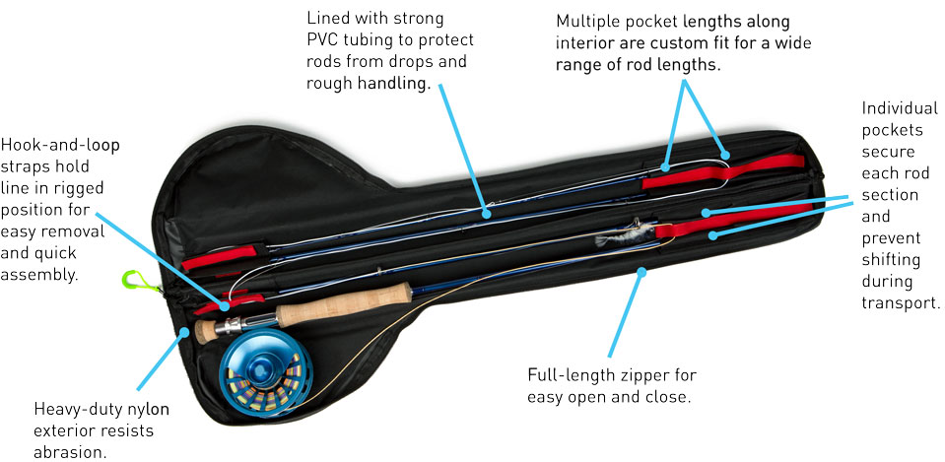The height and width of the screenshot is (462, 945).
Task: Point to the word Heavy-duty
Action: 73,409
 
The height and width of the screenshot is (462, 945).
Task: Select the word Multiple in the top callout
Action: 589,20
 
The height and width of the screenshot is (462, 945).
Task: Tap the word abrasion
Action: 70,452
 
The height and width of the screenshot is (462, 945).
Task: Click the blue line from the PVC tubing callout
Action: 462,148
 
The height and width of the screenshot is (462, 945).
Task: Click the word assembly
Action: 42,275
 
